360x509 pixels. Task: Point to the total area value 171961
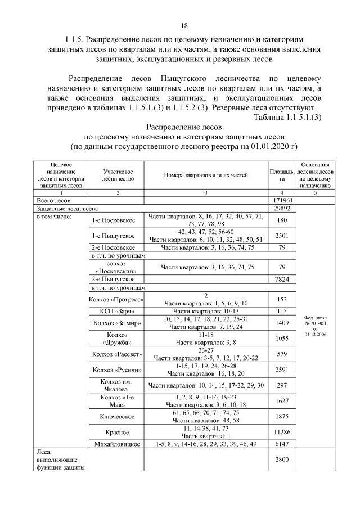(x=281, y=200)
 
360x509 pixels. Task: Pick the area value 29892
(x=281, y=208)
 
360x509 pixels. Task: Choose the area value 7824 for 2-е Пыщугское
(x=281, y=279)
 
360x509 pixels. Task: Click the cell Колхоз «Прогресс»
(x=116, y=299)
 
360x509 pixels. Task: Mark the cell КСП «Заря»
(x=116, y=311)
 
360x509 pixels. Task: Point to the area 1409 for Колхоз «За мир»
(x=281, y=323)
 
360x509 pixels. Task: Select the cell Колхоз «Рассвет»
(x=116, y=354)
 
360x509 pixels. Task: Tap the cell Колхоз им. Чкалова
(x=116, y=385)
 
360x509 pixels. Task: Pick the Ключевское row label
(x=116, y=416)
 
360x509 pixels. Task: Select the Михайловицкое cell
(x=116, y=444)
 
